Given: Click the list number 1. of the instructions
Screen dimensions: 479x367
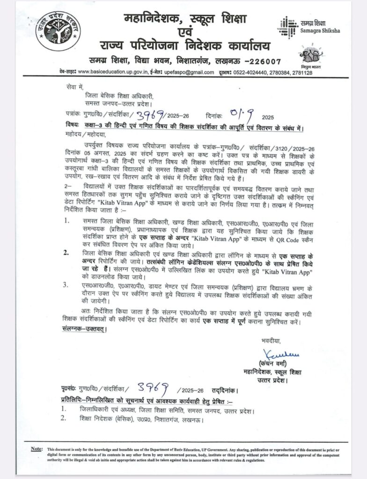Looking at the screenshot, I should (x=68, y=219).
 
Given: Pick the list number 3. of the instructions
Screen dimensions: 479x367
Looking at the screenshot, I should (x=68, y=283).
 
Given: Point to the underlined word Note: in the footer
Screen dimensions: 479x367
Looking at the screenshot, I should (x=36, y=449).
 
